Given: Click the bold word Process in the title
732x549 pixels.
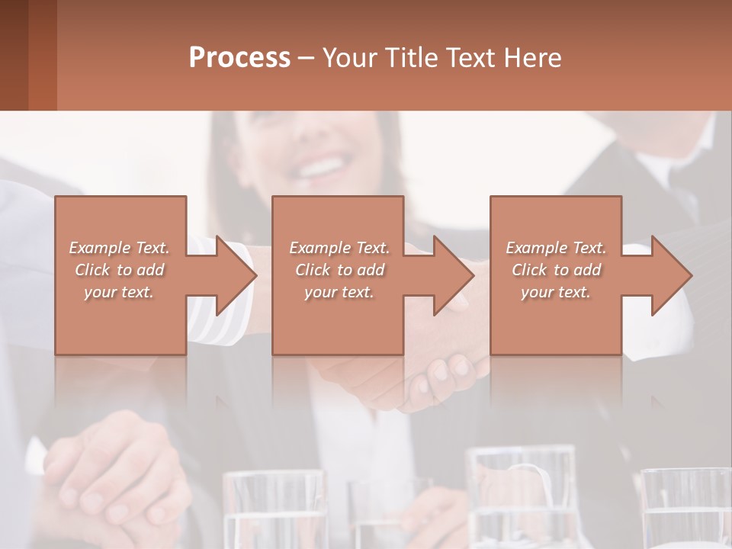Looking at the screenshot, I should [x=239, y=57].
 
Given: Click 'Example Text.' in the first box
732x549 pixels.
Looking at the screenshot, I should [x=120, y=248].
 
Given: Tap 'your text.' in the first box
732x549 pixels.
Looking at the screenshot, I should [x=120, y=292].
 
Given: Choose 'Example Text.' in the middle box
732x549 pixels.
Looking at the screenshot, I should [x=339, y=248].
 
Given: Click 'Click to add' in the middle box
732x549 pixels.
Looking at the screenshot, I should [x=339, y=270].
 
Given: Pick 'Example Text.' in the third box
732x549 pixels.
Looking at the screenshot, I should [x=556, y=248].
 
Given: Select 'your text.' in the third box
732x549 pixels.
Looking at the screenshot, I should [x=556, y=292].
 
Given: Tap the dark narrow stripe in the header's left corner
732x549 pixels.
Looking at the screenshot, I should [x=14, y=55].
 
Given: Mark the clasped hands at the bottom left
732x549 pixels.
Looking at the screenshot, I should [x=114, y=473].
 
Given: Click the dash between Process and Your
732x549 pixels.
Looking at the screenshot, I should [x=306, y=58].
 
